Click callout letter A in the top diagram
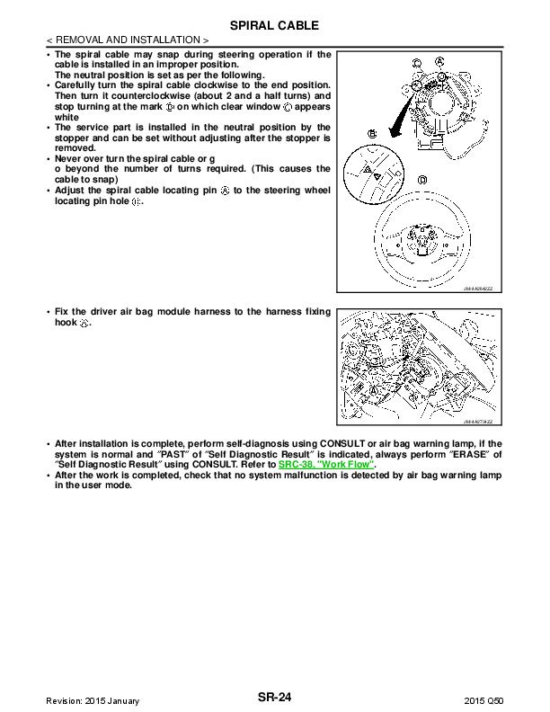pos(439,61)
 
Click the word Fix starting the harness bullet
pos(62,312)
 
